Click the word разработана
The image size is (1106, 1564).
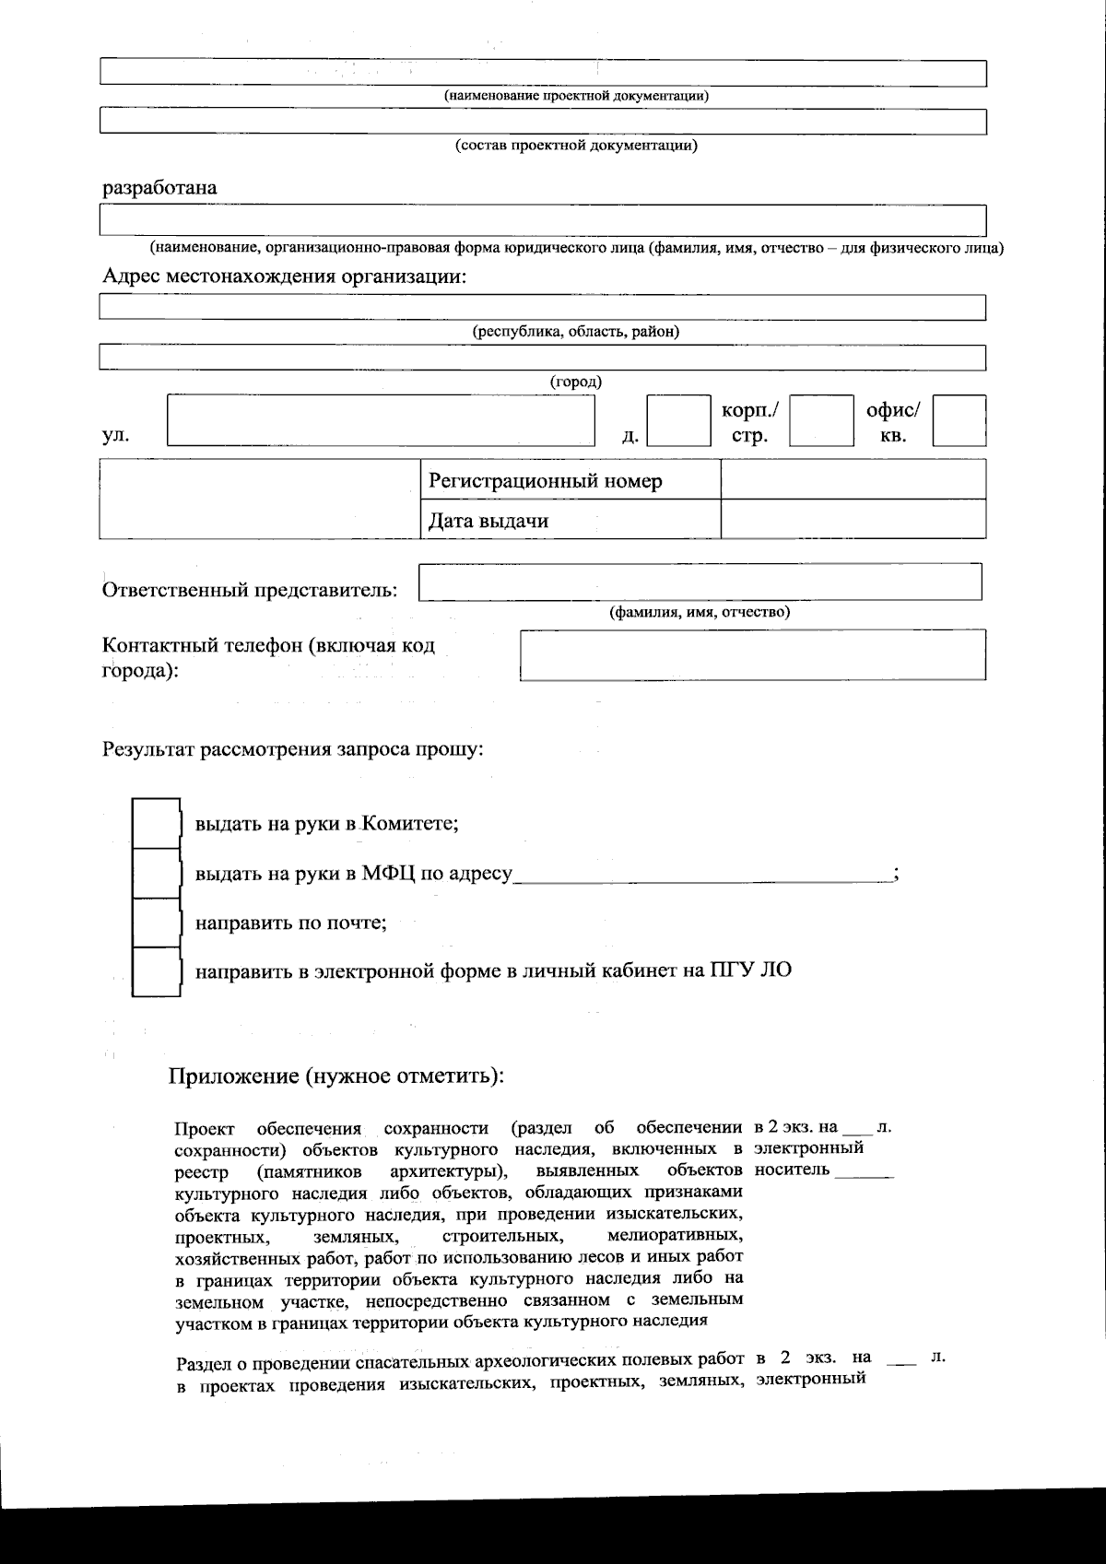pyautogui.click(x=159, y=188)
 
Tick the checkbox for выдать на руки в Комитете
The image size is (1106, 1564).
pyautogui.click(x=156, y=823)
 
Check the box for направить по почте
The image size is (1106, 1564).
pyautogui.click(x=156, y=923)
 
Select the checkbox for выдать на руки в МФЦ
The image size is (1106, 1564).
pyautogui.click(x=156, y=873)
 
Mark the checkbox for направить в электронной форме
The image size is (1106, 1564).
pyautogui.click(x=156, y=971)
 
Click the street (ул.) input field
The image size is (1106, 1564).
pyautogui.click(x=382, y=421)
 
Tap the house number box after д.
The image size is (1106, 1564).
pyautogui.click(x=678, y=421)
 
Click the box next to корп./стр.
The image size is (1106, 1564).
pyautogui.click(x=821, y=421)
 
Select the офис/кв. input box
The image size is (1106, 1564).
pyautogui.click(x=959, y=421)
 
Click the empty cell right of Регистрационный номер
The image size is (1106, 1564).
pyautogui.click(x=853, y=481)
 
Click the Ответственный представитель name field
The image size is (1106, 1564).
pyautogui.click(x=700, y=582)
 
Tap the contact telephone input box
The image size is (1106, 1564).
pyautogui.click(x=752, y=655)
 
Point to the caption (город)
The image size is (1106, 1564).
pyautogui.click(x=576, y=382)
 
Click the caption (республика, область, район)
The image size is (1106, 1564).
pyautogui.click(x=576, y=332)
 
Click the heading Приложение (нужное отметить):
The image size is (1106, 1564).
pyautogui.click(x=336, y=1076)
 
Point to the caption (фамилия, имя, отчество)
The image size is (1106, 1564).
pyautogui.click(x=700, y=612)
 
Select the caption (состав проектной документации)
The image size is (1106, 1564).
pyautogui.click(x=576, y=146)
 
